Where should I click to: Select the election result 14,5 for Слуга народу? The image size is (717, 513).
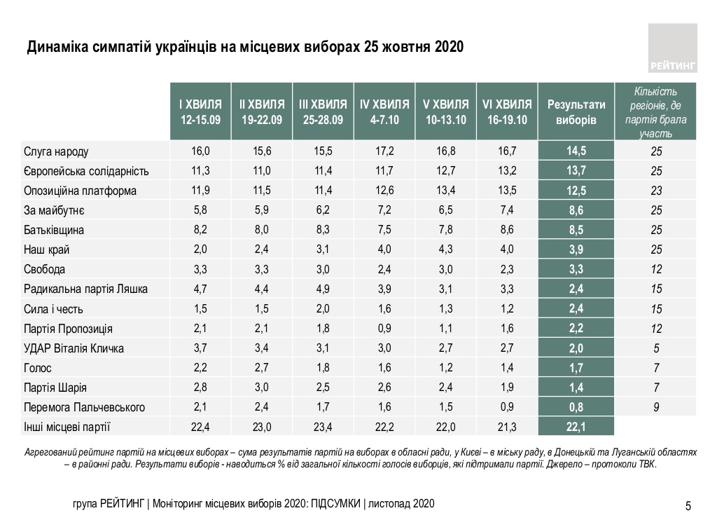[576, 151]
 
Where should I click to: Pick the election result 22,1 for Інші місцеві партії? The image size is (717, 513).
[576, 427]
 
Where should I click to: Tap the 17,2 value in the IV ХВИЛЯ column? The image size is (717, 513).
[384, 151]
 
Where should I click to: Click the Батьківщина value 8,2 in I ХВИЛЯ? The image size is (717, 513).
[200, 230]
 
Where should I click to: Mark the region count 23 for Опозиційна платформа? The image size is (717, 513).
[656, 191]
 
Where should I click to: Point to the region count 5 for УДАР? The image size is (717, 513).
[656, 348]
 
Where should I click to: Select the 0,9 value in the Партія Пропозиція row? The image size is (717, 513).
[384, 329]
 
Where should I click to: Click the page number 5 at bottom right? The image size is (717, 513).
[688, 505]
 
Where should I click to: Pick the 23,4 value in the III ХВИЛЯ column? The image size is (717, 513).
[322, 427]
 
